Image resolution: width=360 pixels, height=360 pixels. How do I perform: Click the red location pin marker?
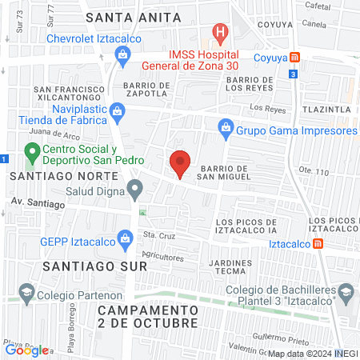(181, 164)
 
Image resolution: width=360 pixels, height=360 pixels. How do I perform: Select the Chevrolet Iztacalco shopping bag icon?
(122, 54)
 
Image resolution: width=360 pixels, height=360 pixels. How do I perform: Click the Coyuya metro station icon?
(295, 57)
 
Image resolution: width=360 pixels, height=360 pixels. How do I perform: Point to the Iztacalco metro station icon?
(318, 243)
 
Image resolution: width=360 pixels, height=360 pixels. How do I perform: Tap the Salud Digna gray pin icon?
(135, 190)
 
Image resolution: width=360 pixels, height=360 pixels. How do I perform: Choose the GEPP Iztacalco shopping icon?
(125, 238)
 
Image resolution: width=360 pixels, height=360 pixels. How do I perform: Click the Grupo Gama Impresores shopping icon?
(226, 128)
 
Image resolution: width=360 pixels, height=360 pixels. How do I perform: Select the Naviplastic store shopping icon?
(118, 110)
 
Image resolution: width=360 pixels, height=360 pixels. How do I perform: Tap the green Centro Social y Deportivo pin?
(32, 150)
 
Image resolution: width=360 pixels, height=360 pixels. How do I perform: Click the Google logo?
(26, 350)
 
